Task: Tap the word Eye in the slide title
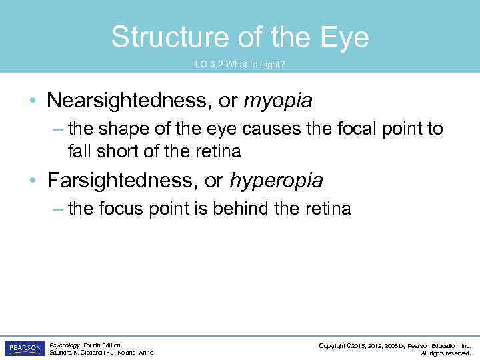click(345, 37)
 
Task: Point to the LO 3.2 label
click(209, 65)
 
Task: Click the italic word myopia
click(278, 101)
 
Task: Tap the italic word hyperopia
click(276, 181)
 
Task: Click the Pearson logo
click(24, 349)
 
